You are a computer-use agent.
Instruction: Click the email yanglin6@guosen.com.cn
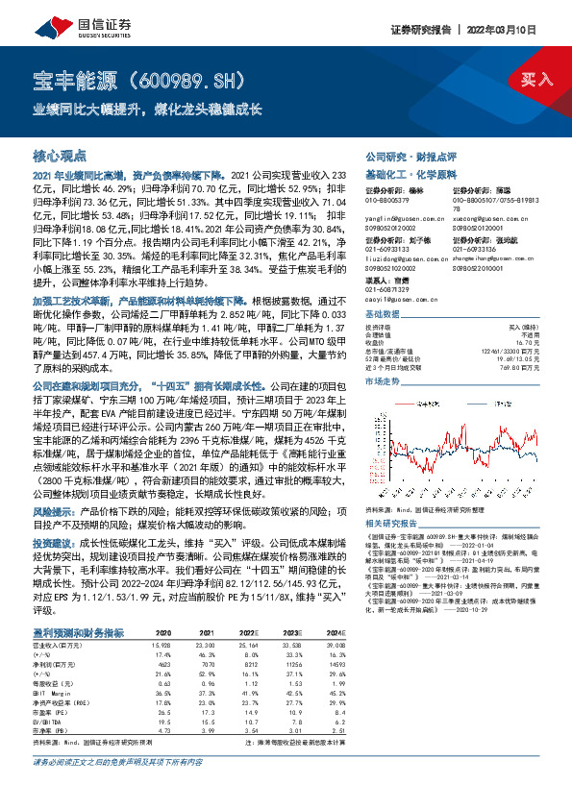[x=397, y=218]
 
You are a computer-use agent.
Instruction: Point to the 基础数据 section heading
[x=382, y=315]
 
